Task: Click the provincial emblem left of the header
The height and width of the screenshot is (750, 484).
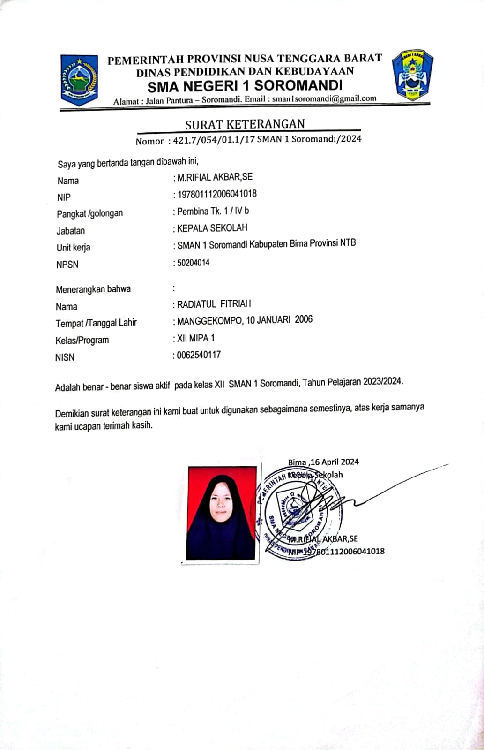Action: [x=79, y=80]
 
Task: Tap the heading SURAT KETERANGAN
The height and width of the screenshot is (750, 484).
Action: [x=245, y=124]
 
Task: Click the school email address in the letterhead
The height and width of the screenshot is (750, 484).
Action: [x=324, y=98]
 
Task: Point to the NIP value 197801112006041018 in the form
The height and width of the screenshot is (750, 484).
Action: [x=217, y=194]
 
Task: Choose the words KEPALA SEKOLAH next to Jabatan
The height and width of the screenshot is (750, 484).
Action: [x=212, y=228]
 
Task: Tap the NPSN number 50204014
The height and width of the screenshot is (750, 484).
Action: [x=194, y=263]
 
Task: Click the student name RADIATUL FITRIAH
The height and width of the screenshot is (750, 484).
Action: [x=214, y=304]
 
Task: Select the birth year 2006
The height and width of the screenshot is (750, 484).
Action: [x=304, y=319]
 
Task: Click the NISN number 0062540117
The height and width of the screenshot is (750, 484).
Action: [x=199, y=355]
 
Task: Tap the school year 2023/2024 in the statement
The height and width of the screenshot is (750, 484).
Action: [x=382, y=381]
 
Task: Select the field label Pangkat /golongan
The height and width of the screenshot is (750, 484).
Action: [x=90, y=213]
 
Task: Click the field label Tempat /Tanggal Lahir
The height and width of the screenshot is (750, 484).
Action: [x=96, y=323]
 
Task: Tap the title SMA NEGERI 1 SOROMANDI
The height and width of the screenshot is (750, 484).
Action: [x=245, y=85]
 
